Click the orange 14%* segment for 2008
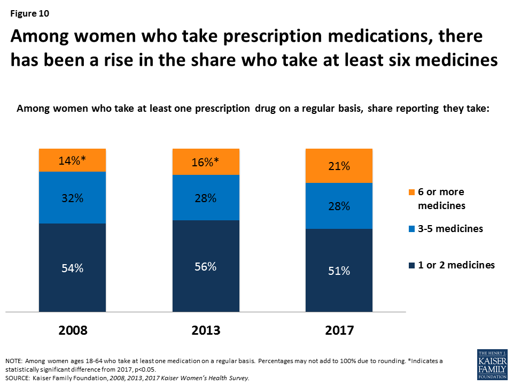pyautogui.click(x=73, y=160)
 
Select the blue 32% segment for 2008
pyautogui.click(x=73, y=197)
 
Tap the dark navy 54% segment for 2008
pyautogui.click(x=73, y=267)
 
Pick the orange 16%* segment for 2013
pyautogui.click(x=206, y=161)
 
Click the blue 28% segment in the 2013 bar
pyautogui.click(x=206, y=197)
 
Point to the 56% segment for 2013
pyautogui.click(x=206, y=266)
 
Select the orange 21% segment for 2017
pyautogui.click(x=339, y=166)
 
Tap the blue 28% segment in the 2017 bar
pyautogui.click(x=339, y=206)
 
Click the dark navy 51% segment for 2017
pyautogui.click(x=339, y=270)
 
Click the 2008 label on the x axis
pyautogui.click(x=73, y=330)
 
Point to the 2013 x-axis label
pyautogui.click(x=206, y=330)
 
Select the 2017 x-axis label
pyautogui.click(x=339, y=330)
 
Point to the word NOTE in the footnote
pyautogui.click(x=15, y=362)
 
